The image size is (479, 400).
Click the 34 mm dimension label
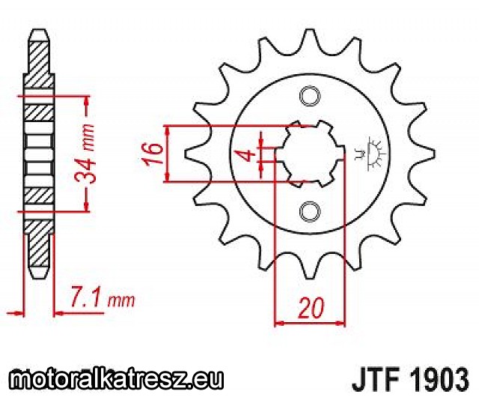pos(85,154)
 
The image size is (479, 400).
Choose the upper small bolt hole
pos(310,97)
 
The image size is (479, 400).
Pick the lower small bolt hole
pos(310,212)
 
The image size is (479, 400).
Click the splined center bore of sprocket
pos(310,154)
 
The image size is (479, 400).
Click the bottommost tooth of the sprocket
pos(309,266)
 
